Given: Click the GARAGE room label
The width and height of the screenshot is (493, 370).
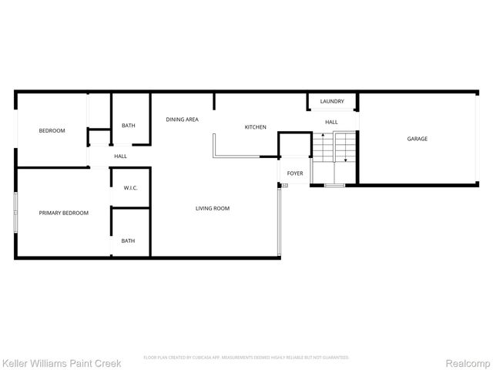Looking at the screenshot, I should pyautogui.click(x=418, y=139).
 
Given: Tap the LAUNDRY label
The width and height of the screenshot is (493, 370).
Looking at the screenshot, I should pyautogui.click(x=332, y=101).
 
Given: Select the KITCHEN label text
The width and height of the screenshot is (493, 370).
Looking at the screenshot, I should pyautogui.click(x=256, y=126).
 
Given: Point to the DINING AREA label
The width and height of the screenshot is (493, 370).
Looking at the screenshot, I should pyautogui.click(x=183, y=119).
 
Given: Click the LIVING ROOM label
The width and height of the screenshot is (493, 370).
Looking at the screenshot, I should pyautogui.click(x=212, y=208).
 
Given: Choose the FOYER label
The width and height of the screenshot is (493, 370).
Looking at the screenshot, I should pyautogui.click(x=295, y=173).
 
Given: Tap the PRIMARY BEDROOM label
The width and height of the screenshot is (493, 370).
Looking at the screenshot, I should pyautogui.click(x=64, y=213).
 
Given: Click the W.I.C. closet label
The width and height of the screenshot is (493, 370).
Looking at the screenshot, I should pyautogui.click(x=130, y=187).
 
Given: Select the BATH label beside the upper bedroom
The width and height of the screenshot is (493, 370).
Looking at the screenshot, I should pyautogui.click(x=129, y=126).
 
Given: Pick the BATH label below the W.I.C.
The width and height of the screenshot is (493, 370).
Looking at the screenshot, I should pyautogui.click(x=128, y=240).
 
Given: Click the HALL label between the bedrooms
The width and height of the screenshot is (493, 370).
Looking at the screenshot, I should pyautogui.click(x=120, y=156).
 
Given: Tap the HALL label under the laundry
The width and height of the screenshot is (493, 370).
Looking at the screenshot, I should pyautogui.click(x=331, y=122).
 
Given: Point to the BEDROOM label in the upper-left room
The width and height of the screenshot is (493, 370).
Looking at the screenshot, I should pyautogui.click(x=52, y=130).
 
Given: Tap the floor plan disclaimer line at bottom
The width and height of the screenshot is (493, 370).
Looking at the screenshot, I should pyautogui.click(x=246, y=358).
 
